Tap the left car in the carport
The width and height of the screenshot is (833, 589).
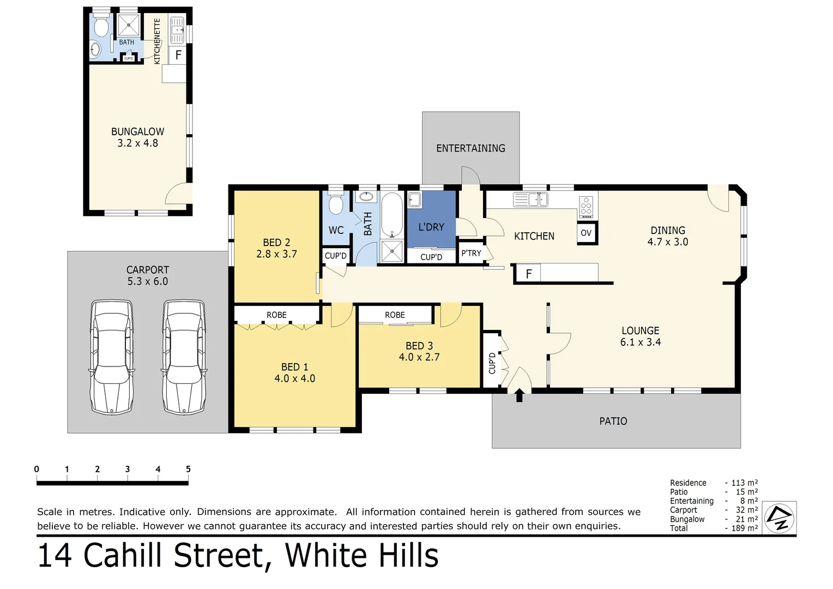112,357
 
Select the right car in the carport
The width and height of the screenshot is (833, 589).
184,357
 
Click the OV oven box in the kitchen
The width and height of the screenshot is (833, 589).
586,233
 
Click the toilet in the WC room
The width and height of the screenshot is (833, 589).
336,205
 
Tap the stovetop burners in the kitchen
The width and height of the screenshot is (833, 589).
586,207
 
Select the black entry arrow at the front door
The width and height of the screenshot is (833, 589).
519,395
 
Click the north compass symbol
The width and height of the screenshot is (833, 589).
780,518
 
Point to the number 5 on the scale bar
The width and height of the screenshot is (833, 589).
188,469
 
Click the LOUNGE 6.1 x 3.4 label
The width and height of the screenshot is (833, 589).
640,336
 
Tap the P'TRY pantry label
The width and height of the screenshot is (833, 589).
471,253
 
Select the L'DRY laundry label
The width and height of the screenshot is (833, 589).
431,227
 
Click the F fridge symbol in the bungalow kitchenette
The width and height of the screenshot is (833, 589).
178,55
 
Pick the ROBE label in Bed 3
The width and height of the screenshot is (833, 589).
395,315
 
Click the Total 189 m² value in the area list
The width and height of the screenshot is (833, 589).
744,528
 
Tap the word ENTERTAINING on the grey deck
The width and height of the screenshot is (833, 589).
470,148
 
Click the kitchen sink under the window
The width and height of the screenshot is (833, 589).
530,200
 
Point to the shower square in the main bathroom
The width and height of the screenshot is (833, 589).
391,251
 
